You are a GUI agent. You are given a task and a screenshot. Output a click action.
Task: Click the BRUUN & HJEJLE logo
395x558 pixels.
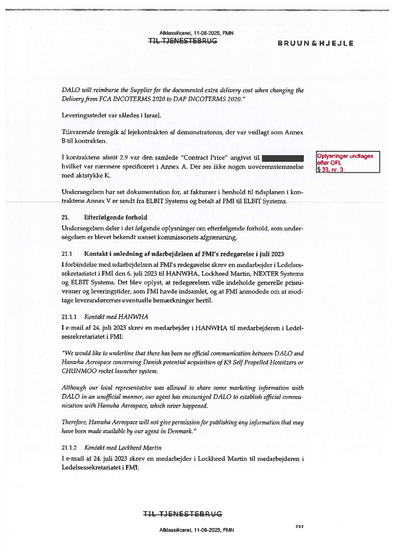point(315,43)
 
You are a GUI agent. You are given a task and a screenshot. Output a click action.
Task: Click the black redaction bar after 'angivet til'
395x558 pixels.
point(283,158)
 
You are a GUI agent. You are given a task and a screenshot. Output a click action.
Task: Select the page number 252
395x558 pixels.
point(300,526)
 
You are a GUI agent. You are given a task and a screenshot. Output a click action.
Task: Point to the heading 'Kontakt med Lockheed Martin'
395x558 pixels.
point(123,448)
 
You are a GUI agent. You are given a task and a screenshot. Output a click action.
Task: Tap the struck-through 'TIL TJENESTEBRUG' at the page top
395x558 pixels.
point(183,41)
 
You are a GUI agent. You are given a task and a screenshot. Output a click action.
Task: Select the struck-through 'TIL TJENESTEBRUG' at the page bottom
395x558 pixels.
point(183,514)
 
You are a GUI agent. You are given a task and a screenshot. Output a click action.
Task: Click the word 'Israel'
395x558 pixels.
point(152,116)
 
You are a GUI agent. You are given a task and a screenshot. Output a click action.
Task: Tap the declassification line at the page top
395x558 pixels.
point(197,33)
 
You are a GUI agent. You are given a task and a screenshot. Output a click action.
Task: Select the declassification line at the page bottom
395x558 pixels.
point(197,530)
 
